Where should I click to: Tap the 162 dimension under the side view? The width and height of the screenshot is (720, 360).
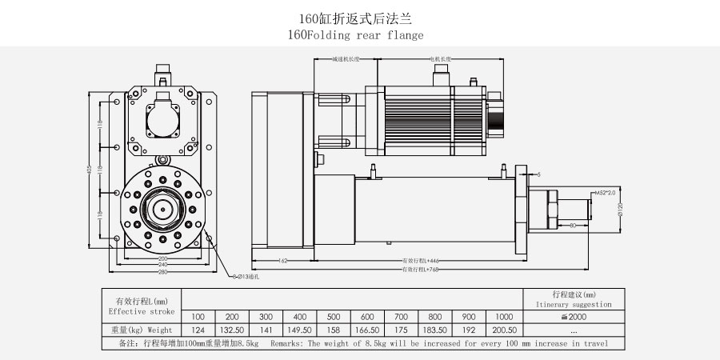pos(282,261)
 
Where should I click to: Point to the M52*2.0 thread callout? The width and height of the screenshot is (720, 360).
pos(603,193)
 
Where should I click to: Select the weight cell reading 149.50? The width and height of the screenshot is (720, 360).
pos(300,330)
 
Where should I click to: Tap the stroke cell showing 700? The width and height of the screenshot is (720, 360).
pos(402,316)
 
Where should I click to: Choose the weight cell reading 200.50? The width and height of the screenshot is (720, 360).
pos(503,330)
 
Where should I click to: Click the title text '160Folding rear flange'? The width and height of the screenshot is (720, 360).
pos(354,35)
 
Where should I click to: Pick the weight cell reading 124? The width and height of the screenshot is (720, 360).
pos(198,330)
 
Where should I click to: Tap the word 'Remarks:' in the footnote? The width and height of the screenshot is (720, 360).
pos(285,343)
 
